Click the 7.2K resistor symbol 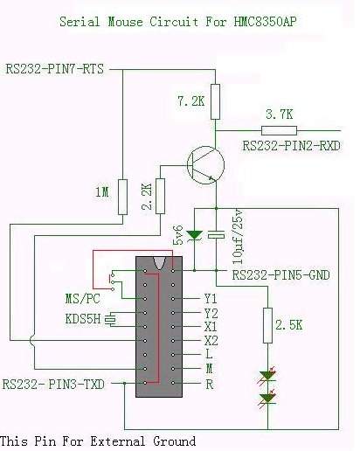click(215, 101)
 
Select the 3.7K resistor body click(279, 130)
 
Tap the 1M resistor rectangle click(122, 197)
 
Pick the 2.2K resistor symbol click(160, 196)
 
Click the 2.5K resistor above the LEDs click(267, 325)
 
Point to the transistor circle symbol click(205, 165)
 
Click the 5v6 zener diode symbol click(194, 234)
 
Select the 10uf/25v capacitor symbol click(216, 235)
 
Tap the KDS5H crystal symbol click(110, 320)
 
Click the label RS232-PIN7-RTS click(55, 69)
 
